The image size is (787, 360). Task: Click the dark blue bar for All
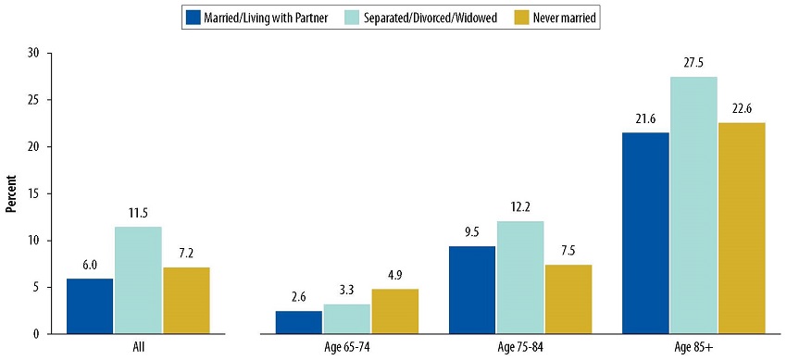point(90,305)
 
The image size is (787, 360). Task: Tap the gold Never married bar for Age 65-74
point(394,311)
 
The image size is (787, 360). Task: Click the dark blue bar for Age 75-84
point(472,290)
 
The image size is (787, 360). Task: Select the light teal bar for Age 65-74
point(346,318)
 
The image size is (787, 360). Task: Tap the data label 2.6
point(298,297)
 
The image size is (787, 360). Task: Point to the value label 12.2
point(520,207)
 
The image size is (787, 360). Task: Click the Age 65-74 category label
point(346,348)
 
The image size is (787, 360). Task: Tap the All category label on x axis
point(138,348)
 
